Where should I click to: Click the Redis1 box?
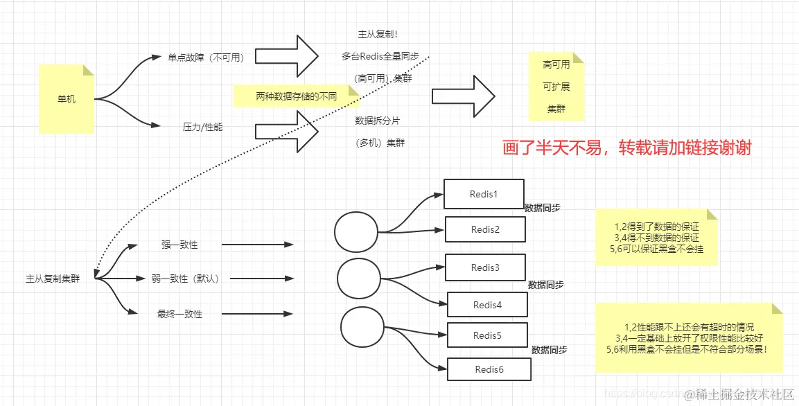484,194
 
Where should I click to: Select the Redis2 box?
485,229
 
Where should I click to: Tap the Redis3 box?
485,267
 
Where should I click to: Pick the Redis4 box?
487,305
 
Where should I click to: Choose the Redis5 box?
486,335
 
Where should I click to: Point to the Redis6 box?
489,369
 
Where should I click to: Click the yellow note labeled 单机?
67,99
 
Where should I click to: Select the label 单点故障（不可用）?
206,58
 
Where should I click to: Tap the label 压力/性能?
202,127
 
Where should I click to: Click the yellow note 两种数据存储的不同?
296,96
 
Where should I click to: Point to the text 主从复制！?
377,33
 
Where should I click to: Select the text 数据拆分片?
377,120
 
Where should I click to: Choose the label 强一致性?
179,245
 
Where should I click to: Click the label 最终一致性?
179,314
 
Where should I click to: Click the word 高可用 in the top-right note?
556,64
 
